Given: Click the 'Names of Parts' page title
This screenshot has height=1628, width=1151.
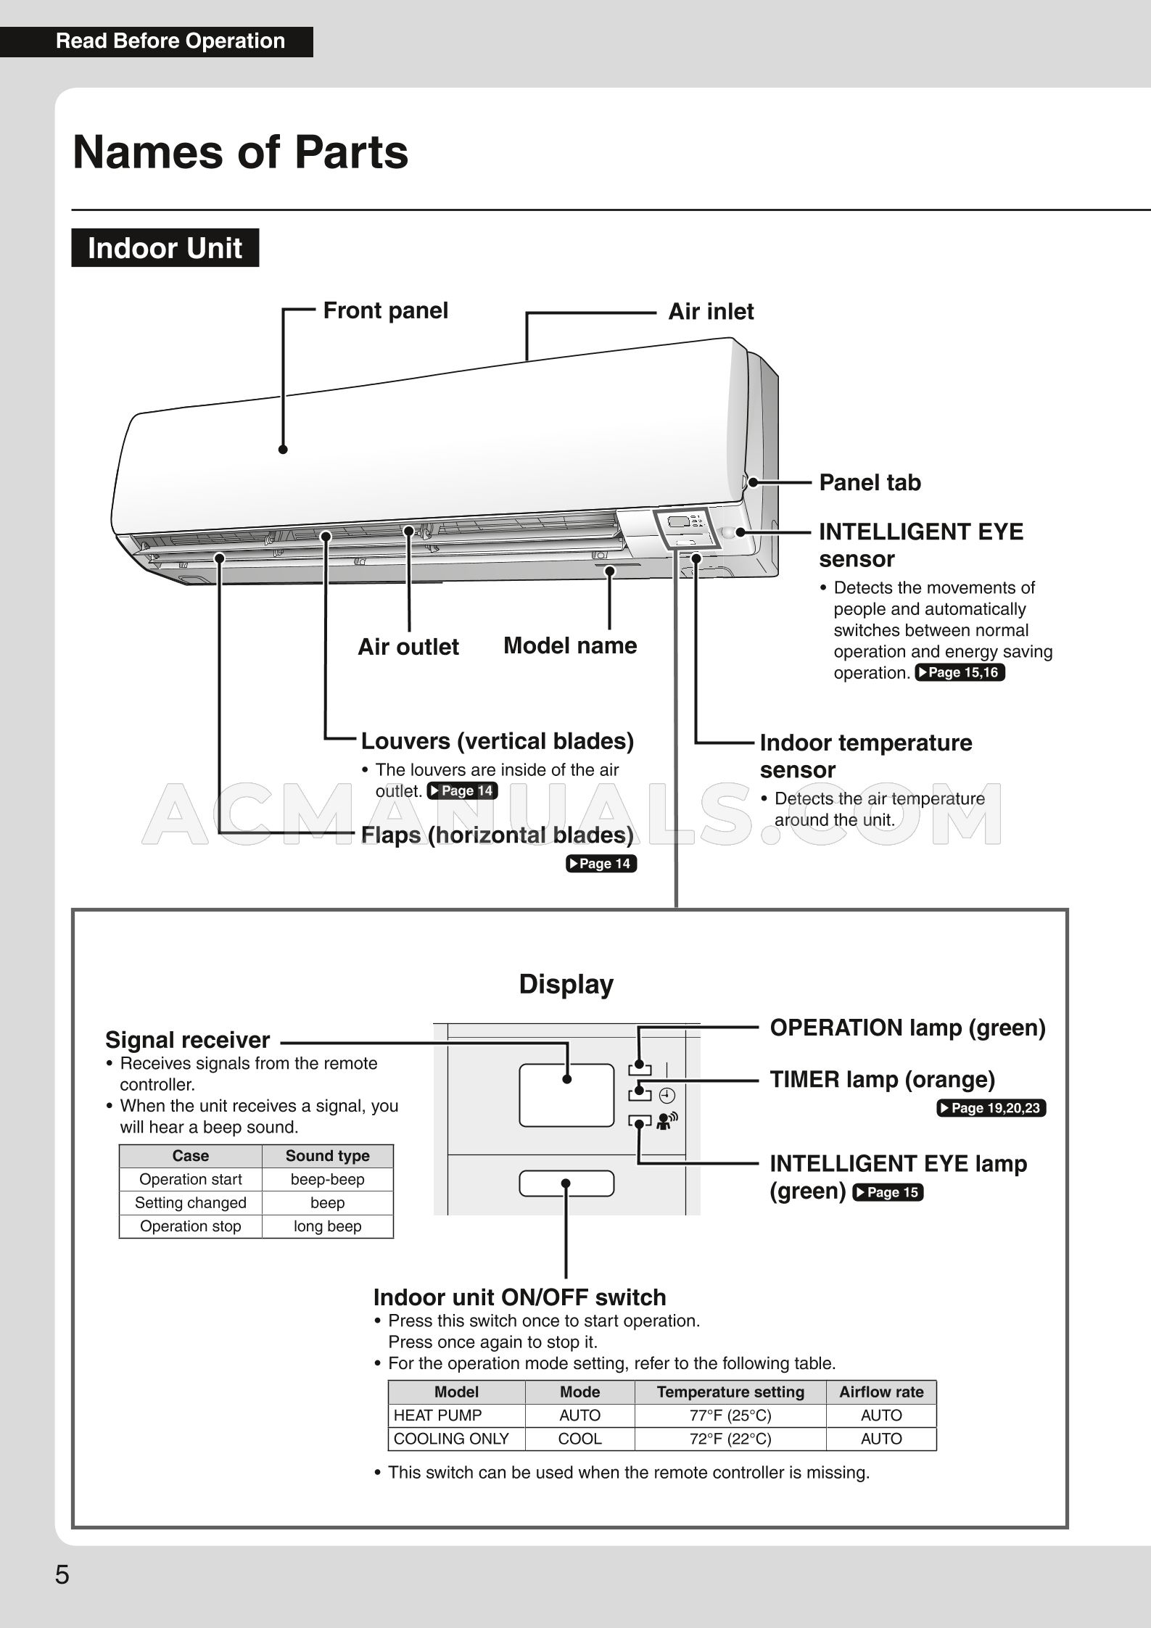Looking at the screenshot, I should (x=240, y=152).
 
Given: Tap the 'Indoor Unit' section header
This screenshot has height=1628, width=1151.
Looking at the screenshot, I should (x=165, y=248).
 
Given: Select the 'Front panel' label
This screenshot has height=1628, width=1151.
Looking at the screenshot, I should (x=385, y=310).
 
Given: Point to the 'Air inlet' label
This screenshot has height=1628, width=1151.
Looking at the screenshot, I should (x=710, y=312).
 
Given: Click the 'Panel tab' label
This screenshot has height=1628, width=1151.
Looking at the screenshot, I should (x=869, y=482).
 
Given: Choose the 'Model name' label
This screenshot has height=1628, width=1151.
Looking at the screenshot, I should (x=570, y=645).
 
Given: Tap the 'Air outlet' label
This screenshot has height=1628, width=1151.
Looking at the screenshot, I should (x=408, y=647).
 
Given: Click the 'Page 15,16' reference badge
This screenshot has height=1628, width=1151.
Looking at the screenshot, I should (x=960, y=672).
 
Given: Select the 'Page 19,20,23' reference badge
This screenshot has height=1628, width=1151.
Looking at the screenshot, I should (x=991, y=1108).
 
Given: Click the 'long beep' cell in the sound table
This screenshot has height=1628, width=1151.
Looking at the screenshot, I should (x=327, y=1226).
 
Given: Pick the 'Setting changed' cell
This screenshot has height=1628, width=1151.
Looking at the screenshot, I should (x=190, y=1203).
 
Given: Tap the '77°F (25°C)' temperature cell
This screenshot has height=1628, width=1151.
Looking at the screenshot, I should (x=730, y=1416).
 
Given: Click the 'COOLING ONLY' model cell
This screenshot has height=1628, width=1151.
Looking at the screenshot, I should (x=451, y=1439).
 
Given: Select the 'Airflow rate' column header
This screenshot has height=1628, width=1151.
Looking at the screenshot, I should (x=880, y=1392).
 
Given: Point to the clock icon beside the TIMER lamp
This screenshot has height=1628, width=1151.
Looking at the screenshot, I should (x=667, y=1096).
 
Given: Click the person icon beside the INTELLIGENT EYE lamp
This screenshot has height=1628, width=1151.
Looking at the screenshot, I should (x=666, y=1122).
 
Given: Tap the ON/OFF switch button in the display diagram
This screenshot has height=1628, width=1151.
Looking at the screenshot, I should (x=566, y=1183).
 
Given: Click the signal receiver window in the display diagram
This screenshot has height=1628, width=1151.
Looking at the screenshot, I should (x=566, y=1095).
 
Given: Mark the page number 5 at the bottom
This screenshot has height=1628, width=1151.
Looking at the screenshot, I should (x=62, y=1575).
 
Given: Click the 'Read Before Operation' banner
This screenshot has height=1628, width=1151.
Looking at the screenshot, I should (x=170, y=41).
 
